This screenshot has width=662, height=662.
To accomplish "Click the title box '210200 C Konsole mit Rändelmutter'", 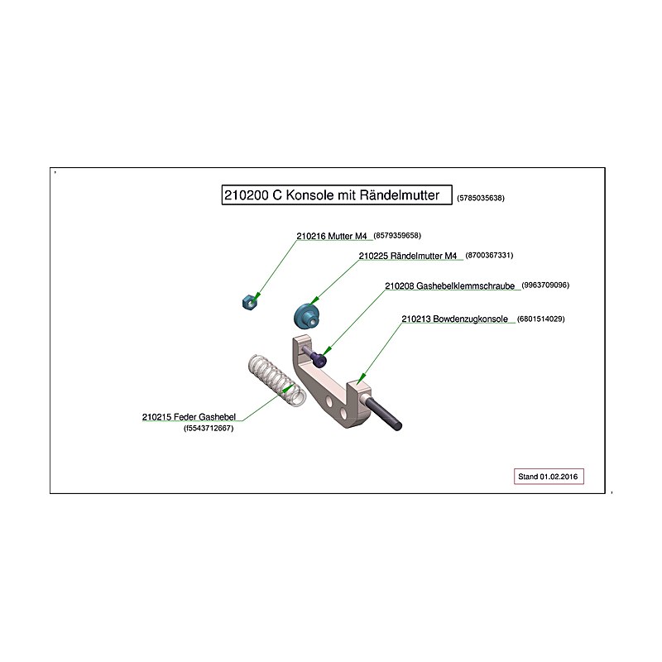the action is (337, 194).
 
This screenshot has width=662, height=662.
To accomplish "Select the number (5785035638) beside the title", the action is (481, 198).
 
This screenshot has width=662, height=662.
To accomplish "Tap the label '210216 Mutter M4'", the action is (332, 236).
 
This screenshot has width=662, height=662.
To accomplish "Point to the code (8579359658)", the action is (397, 236).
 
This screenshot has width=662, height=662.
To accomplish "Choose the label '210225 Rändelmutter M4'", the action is (408, 256).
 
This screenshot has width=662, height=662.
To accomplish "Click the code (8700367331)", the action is (489, 255).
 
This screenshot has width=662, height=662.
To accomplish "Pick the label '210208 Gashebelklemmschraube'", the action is (449, 285).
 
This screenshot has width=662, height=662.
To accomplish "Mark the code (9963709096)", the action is (545, 285).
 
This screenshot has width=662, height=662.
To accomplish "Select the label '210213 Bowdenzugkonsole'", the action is (454, 319).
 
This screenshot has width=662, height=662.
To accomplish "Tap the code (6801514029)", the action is (541, 319).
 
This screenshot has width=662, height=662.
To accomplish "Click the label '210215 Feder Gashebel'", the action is (189, 417).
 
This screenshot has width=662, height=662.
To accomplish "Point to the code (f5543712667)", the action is (209, 428).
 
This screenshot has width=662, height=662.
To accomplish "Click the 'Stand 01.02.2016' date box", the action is (549, 477).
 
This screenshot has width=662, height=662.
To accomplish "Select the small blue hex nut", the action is (251, 302).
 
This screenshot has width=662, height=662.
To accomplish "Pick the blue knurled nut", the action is (307, 316).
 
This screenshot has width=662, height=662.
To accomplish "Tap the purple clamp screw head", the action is (319, 360).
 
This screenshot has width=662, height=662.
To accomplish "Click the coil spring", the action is (276, 381).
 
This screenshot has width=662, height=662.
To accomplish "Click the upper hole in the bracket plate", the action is (329, 401).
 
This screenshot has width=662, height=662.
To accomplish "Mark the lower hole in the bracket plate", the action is (343, 412).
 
